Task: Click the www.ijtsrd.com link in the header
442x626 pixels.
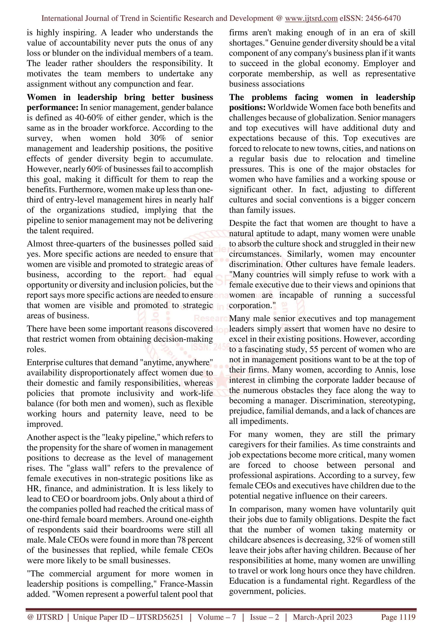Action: click(x=311, y=18)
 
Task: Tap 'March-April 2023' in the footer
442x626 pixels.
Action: click(x=322, y=617)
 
